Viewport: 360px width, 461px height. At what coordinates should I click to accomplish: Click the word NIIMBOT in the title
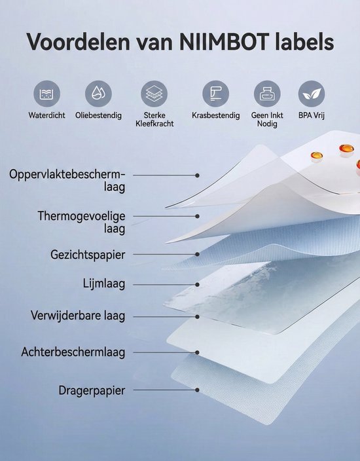[225, 42]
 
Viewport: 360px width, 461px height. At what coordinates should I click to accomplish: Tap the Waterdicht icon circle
[46, 94]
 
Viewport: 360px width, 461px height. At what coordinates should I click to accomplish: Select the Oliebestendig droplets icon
[98, 94]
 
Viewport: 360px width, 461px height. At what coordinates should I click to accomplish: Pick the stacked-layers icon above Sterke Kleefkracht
[154, 94]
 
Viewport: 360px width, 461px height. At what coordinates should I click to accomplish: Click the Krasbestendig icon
[216, 94]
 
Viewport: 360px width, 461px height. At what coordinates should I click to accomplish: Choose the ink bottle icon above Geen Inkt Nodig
[267, 94]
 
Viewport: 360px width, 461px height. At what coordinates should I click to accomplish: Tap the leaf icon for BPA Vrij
[312, 94]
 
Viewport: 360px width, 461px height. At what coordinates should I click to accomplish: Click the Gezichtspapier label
[88, 255]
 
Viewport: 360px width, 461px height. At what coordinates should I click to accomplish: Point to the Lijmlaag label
[104, 284]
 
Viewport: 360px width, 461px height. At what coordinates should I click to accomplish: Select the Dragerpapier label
[92, 391]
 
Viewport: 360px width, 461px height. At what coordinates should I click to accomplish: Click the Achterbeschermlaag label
[73, 352]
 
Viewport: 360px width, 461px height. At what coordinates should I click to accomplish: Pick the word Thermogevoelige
[81, 216]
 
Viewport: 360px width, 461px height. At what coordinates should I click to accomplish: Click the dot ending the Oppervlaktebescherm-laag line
[197, 175]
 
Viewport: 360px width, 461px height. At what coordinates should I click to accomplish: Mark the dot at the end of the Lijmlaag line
[197, 285]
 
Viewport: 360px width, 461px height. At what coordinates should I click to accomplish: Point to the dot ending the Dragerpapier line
[197, 390]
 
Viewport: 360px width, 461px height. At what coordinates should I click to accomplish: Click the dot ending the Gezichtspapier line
[197, 254]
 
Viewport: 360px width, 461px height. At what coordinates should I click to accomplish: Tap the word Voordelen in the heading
[79, 42]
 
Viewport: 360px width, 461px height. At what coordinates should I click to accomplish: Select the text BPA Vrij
[312, 115]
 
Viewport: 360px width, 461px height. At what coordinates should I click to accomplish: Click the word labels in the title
[305, 42]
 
